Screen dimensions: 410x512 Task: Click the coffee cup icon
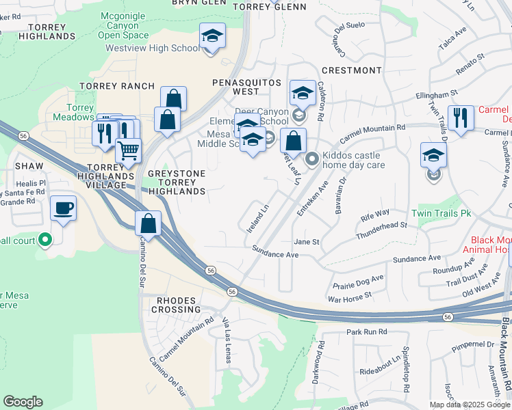coord(64,207)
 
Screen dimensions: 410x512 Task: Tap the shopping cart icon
coord(128,150)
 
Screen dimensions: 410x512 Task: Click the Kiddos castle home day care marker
coord(312,159)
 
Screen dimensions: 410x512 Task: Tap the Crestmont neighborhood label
coord(351,70)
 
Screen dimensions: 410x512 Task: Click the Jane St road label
coord(306,242)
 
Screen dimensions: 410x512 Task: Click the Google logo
coord(23,402)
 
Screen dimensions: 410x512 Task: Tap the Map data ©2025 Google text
coord(469,405)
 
